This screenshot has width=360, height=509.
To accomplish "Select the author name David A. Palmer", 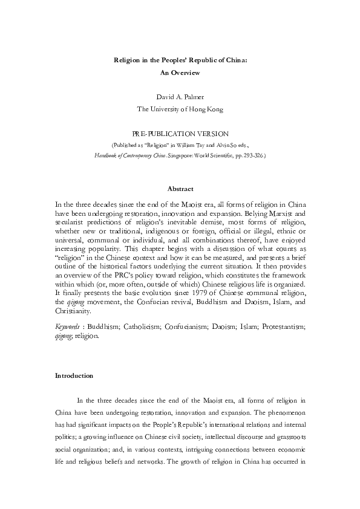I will (180, 97).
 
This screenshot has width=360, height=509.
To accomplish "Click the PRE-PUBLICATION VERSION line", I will (180, 132).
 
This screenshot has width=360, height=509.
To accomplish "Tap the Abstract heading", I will (180, 189).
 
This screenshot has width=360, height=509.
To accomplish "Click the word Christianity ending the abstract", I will (73, 311).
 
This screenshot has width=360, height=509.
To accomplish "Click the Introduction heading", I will (74, 375).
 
